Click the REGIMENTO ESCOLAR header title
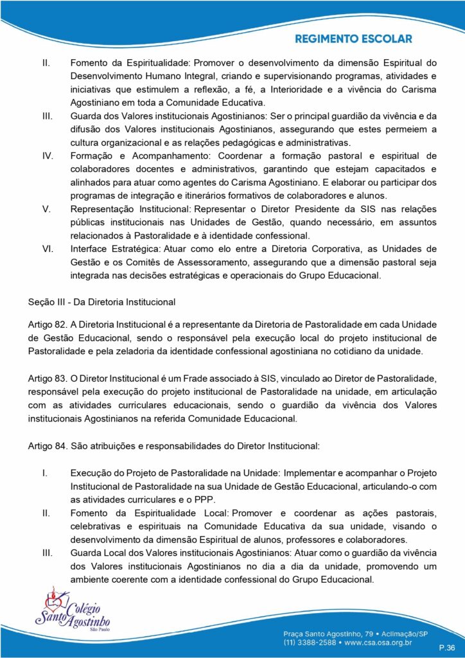coord(354,39)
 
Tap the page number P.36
coord(447,647)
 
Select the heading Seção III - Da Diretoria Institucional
coord(101,301)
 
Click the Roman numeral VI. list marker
coord(48,248)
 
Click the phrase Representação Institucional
coord(131,209)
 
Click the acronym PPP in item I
coord(207,499)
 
